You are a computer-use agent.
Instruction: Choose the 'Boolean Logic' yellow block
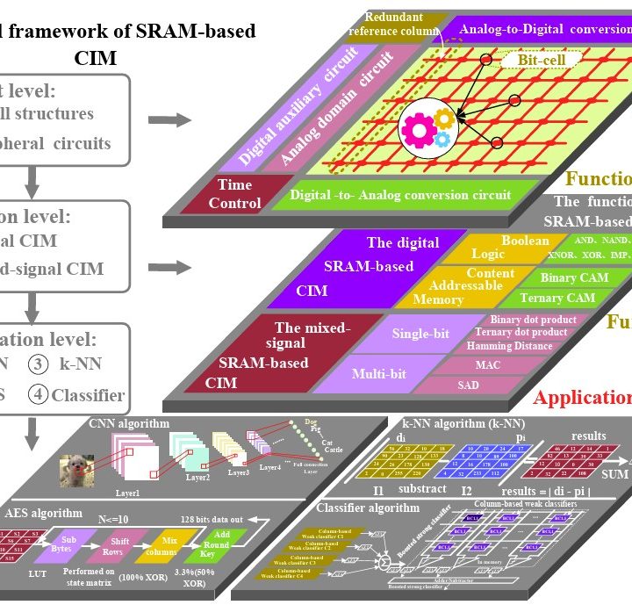(513, 247)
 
